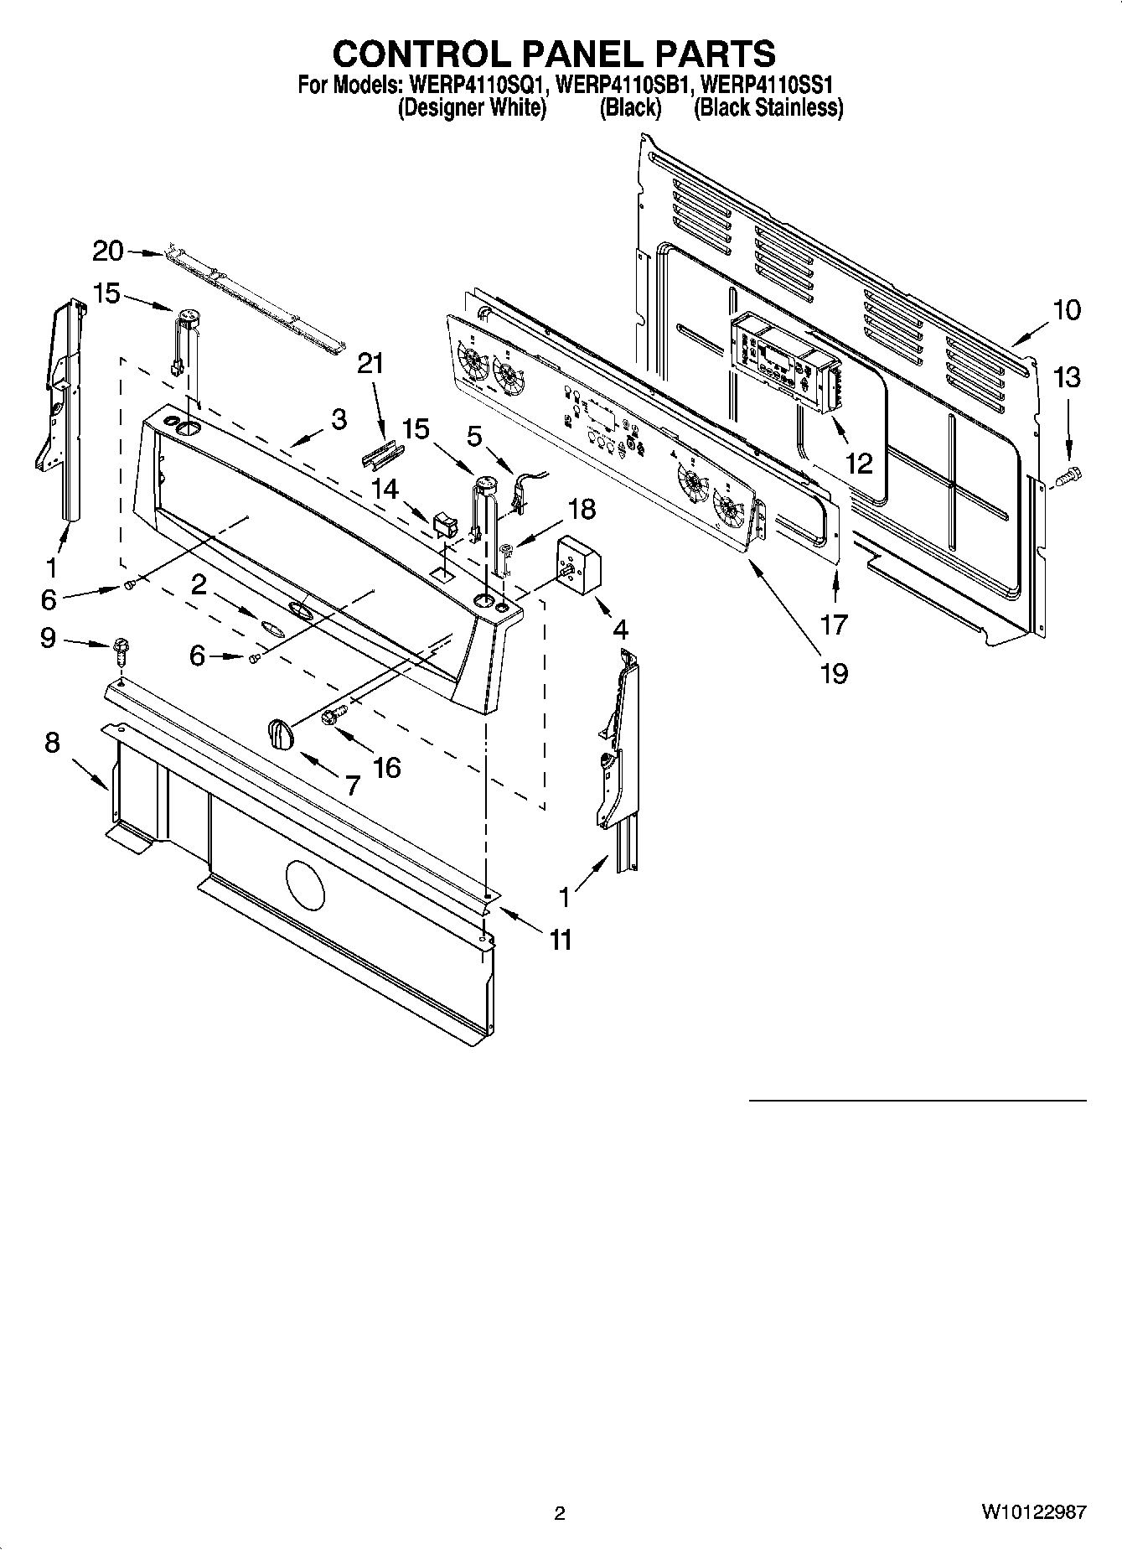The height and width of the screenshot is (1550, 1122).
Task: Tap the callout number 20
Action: tap(107, 251)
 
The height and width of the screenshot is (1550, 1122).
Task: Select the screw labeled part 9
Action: tap(121, 649)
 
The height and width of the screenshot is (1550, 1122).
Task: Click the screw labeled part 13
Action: tap(1068, 478)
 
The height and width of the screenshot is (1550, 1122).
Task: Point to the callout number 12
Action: tap(860, 462)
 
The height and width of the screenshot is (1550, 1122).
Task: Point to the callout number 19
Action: tap(835, 672)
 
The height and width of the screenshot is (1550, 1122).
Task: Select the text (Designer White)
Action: tap(472, 108)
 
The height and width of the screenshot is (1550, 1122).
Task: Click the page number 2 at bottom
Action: tap(560, 1512)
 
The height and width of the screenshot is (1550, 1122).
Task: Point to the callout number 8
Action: tap(52, 742)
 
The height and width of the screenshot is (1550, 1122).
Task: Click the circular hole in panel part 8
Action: tap(304, 886)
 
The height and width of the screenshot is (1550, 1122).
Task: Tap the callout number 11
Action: tap(560, 940)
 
